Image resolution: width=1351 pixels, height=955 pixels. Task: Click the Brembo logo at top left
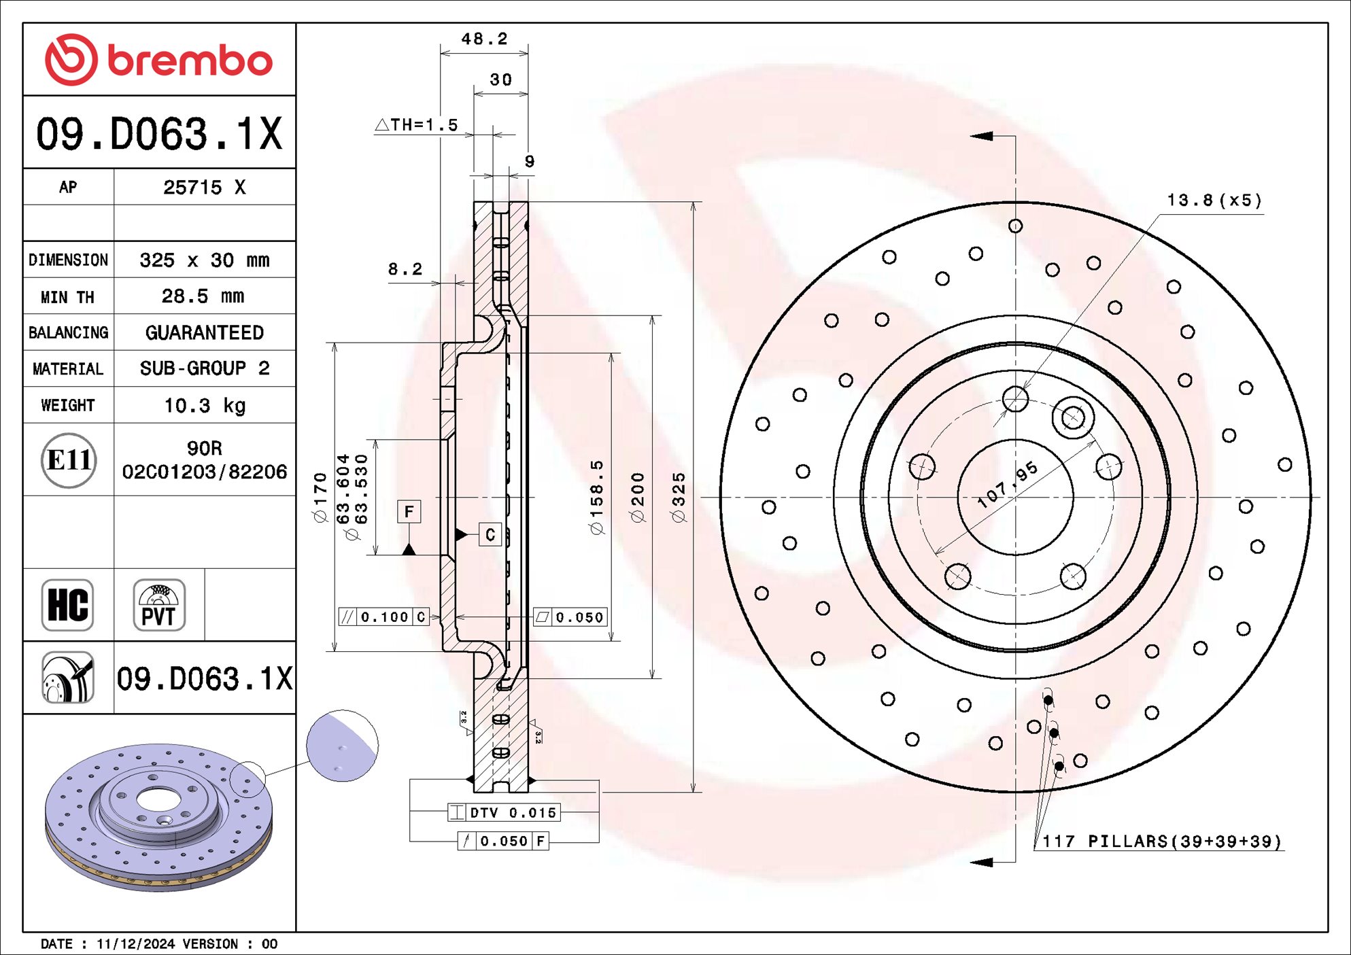158,60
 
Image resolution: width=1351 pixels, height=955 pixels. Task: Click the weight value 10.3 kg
204,406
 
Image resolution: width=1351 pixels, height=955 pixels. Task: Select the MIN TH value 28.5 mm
203,296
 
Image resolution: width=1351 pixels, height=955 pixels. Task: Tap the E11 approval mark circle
68,460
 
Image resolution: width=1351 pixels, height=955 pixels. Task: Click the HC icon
67,605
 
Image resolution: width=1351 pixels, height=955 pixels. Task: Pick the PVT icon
158,605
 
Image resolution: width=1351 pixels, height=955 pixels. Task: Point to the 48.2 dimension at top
484,39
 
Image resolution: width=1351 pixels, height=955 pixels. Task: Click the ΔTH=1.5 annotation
417,125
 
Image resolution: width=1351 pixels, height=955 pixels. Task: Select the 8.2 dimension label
405,269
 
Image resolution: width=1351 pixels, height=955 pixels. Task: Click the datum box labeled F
409,512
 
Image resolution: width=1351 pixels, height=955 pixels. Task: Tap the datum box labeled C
490,535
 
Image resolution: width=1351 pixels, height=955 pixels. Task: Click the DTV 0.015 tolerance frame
504,812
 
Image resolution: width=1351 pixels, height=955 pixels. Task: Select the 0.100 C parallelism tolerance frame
384,617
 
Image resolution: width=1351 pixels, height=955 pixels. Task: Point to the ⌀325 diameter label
679,497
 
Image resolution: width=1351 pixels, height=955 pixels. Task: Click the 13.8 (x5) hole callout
1214,201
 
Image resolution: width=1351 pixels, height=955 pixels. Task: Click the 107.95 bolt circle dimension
1008,485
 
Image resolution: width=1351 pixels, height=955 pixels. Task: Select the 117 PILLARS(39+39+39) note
1161,841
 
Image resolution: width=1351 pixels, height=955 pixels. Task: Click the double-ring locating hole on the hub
1073,417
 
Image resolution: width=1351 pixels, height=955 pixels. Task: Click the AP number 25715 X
204,188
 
